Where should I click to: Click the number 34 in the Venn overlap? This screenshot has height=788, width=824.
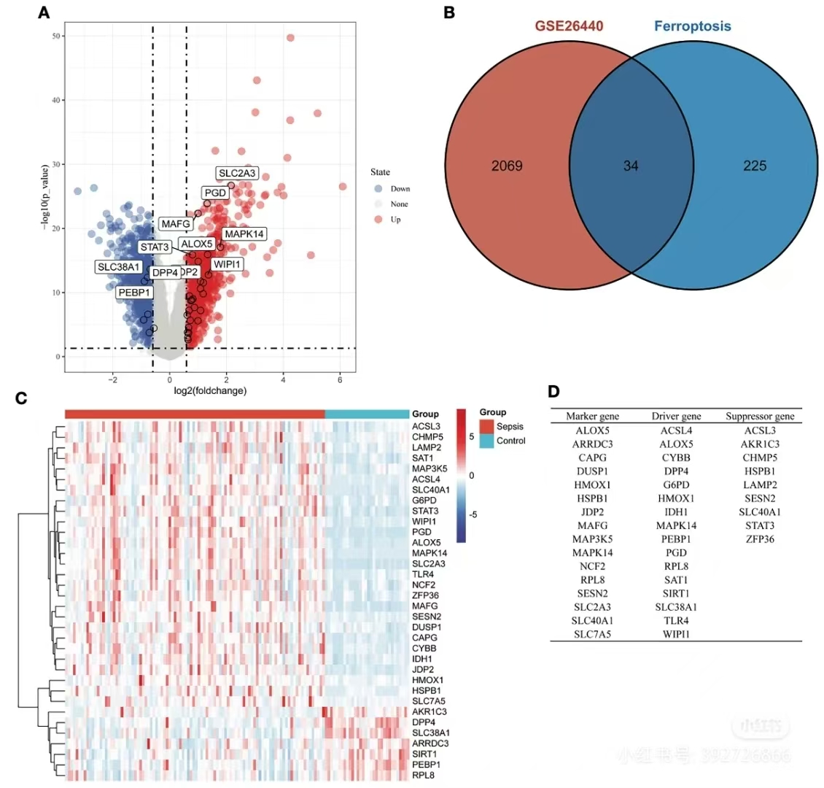point(631,166)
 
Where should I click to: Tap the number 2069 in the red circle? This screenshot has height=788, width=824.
point(507,166)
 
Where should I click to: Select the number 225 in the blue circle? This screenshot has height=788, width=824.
point(755,166)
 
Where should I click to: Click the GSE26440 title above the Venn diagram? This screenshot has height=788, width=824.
point(570,27)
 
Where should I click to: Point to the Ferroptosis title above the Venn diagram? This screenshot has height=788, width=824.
point(692,27)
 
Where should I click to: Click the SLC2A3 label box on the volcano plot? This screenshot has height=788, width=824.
point(237,173)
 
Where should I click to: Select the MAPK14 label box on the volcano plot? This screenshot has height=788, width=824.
point(244,234)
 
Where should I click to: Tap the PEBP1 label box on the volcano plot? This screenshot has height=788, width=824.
point(135,293)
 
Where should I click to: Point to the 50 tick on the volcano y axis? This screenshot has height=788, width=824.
point(56,36)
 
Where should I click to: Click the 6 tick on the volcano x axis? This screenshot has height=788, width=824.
point(340,379)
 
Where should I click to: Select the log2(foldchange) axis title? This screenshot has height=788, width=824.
point(210,391)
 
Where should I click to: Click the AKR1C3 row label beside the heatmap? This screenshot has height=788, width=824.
point(430,711)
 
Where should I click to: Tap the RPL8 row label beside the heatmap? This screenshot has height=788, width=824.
point(423,775)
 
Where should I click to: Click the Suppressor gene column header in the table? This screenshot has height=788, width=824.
point(760,417)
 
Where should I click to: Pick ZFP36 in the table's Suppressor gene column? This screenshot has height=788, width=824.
point(760,539)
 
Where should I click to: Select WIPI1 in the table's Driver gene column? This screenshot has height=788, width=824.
point(676,634)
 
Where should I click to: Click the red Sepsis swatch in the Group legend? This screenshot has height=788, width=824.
point(486,426)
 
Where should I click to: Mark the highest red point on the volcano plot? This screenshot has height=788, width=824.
point(290,38)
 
